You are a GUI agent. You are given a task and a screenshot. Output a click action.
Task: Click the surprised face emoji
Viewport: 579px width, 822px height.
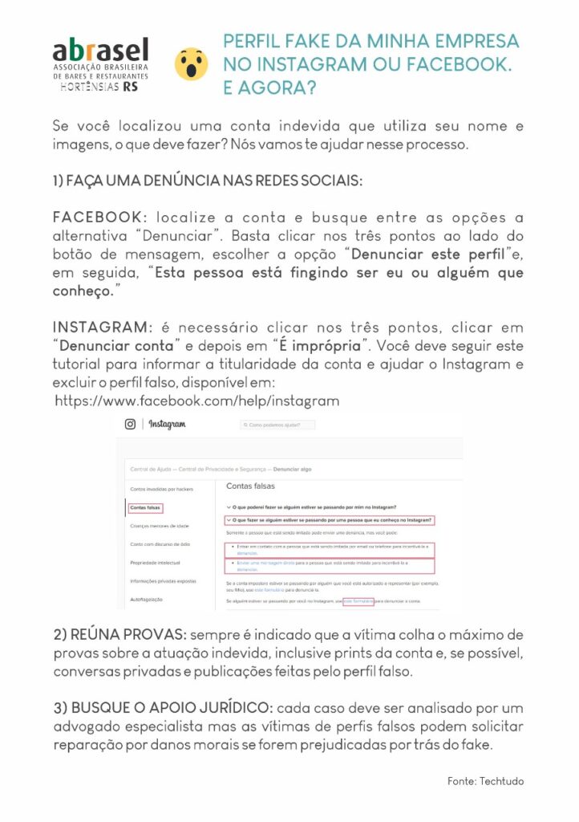(191, 63)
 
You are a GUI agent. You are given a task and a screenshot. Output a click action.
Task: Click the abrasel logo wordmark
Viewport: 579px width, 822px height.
(100, 50)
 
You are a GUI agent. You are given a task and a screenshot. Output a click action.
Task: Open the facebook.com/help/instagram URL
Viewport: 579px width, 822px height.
(197, 400)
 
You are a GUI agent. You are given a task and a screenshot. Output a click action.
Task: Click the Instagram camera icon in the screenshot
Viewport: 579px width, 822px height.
(130, 424)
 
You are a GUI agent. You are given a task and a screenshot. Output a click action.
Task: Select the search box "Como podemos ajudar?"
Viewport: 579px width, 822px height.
(277, 425)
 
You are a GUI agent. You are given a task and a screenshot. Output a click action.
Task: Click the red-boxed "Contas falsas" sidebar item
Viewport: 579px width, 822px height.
(145, 507)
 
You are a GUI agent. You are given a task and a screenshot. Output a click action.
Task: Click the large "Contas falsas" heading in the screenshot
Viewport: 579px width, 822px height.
(250, 486)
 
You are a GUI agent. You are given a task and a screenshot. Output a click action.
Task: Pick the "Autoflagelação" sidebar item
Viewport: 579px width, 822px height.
(146, 599)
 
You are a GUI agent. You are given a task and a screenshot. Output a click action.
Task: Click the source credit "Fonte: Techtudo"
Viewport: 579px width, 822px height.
(485, 780)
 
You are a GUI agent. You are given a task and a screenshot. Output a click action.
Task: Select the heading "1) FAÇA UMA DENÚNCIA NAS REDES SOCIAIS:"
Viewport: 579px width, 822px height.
(207, 181)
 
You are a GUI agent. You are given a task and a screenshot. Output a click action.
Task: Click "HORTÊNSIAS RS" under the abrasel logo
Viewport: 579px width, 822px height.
(99, 87)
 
